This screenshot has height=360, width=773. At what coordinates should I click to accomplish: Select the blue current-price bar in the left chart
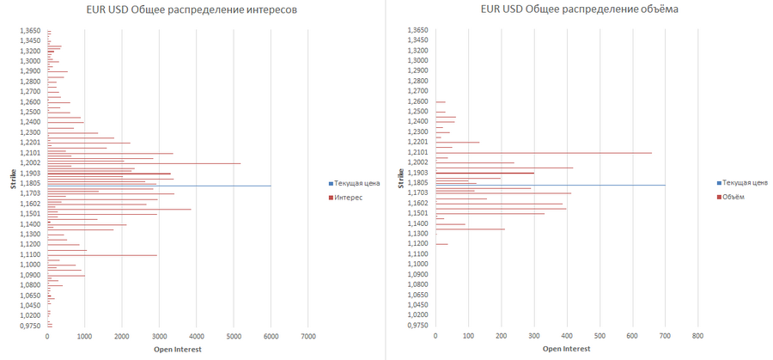click(x=159, y=186)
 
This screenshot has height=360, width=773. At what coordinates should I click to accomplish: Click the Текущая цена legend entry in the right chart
click(x=745, y=183)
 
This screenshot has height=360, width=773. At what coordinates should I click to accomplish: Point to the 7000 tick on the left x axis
click(x=308, y=336)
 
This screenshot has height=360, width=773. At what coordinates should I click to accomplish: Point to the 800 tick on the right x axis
click(x=697, y=336)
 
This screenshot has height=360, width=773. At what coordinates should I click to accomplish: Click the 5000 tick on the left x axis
click(x=234, y=336)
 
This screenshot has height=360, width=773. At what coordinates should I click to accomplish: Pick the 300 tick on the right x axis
click(x=534, y=336)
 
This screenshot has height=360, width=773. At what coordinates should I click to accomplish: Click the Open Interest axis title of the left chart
click(x=176, y=349)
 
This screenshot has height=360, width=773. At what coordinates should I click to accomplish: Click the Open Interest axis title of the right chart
click(x=565, y=349)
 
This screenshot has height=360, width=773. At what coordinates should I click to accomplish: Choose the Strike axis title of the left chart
click(x=10, y=179)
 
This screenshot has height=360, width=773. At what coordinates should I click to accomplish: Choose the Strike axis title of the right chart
click(x=400, y=179)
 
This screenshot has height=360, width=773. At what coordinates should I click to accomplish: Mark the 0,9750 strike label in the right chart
click(x=417, y=326)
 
